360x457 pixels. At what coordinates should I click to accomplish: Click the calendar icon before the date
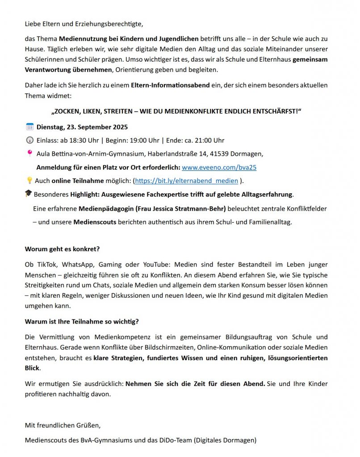click(30, 127)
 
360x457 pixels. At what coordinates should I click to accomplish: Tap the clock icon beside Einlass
click(30, 140)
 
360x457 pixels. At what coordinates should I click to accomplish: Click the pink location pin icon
click(30, 154)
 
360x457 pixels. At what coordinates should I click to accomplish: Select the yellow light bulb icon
click(29, 180)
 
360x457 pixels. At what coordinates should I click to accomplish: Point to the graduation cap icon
click(29, 194)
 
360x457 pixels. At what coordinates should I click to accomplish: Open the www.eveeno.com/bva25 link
click(219, 168)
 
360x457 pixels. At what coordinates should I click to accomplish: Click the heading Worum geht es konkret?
click(62, 249)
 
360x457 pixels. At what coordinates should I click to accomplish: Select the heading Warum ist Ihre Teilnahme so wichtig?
click(82, 321)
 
